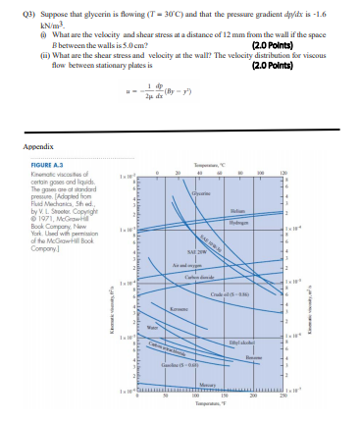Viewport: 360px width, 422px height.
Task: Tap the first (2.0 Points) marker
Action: pos(274,44)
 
